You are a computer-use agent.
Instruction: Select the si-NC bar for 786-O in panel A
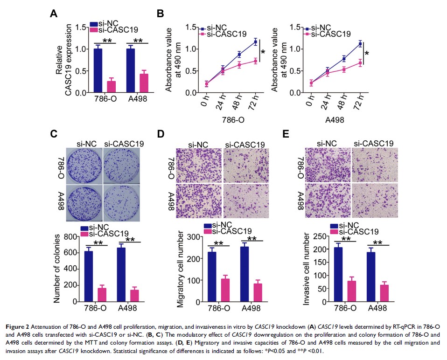[97, 70]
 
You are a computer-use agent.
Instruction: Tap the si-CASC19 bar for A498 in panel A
[143, 83]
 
